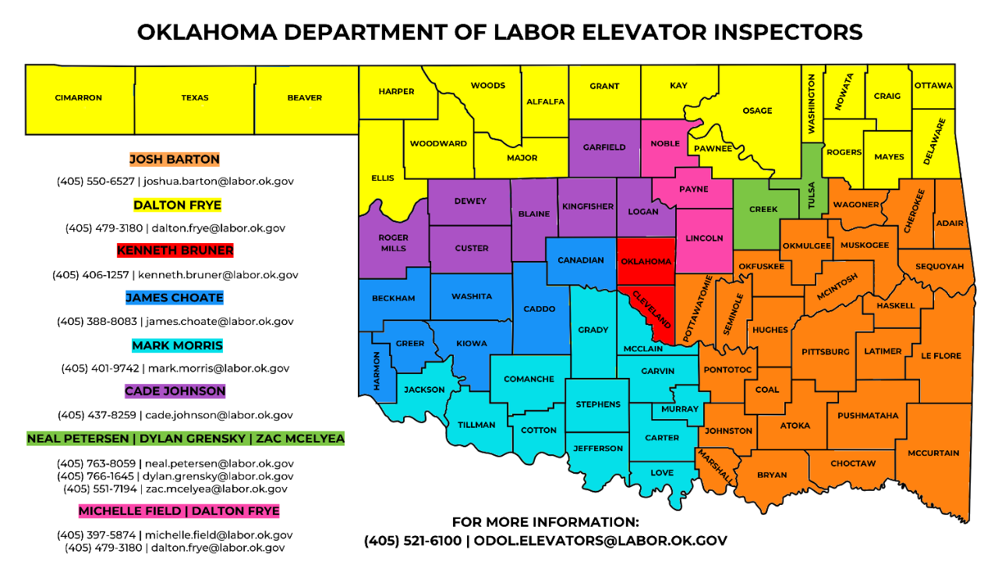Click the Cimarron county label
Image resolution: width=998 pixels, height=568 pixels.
tap(78, 98)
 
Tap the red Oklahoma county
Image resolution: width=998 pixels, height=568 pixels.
tap(646, 261)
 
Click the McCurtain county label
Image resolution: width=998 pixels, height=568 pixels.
tap(933, 453)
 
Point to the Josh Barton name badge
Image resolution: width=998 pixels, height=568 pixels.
tap(175, 159)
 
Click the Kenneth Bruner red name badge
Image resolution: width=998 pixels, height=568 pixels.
tap(175, 251)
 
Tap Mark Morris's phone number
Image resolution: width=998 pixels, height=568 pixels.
tap(100, 368)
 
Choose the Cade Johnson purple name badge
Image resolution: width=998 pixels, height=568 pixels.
tap(175, 391)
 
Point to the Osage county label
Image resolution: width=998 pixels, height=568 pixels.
tap(757, 111)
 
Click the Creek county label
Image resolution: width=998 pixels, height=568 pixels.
tap(763, 210)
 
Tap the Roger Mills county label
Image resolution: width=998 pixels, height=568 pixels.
tap(393, 243)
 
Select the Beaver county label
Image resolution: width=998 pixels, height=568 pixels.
tap(304, 98)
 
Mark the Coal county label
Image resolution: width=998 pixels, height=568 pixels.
tap(767, 390)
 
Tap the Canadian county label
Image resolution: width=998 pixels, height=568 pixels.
tap(581, 260)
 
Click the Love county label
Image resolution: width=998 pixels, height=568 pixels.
tap(662, 473)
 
